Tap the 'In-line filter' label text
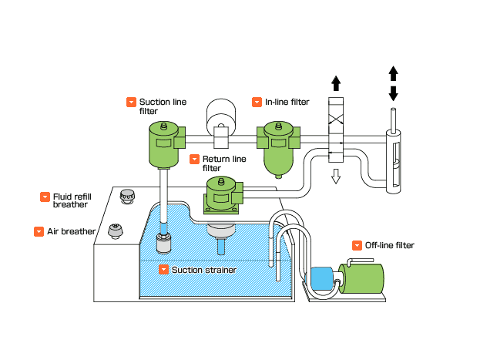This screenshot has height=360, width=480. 287,102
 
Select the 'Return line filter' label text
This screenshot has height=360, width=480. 223,163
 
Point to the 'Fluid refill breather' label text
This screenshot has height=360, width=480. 70,200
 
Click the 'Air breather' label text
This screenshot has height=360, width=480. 71,231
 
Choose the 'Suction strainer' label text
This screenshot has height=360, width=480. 203,270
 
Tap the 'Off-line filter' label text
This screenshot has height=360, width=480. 389,246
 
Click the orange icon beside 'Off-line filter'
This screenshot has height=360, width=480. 357,246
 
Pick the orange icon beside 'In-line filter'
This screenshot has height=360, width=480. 257,102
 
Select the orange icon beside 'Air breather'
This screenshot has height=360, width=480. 39,231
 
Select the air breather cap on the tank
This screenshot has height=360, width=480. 116,231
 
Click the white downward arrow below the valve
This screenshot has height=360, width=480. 336,178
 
